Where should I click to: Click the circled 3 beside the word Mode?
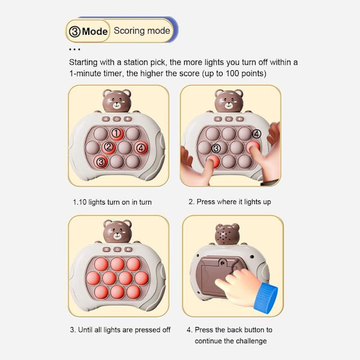point(74,31)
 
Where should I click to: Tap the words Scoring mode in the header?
point(142,31)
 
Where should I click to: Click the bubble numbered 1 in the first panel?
point(116,134)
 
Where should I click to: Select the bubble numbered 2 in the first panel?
point(109,148)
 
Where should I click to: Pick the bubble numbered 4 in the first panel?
point(141,148)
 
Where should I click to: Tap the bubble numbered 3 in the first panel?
point(101,161)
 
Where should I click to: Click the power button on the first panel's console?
point(116,119)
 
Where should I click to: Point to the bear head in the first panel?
point(116,101)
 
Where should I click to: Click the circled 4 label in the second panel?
point(256,134)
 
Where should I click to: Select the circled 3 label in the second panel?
point(216,148)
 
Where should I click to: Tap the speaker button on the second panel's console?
point(240,119)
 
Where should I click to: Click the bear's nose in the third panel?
point(118,234)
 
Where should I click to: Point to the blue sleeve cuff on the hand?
point(266,298)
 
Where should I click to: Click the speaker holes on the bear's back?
point(223,235)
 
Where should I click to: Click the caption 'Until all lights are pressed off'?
point(124,330)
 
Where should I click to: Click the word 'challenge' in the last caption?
point(251,341)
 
